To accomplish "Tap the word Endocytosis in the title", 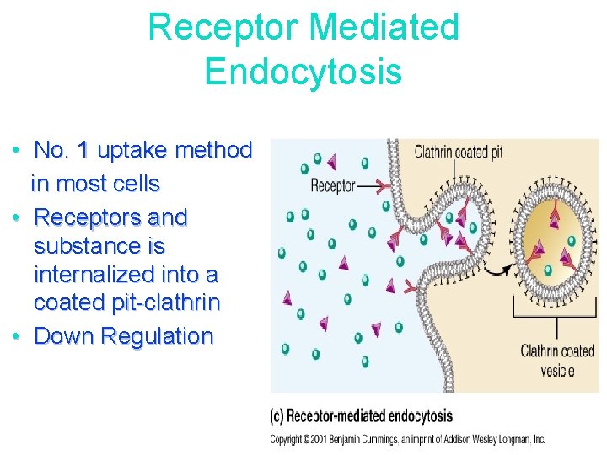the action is (x=303, y=71).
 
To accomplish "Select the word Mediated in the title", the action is (x=384, y=27).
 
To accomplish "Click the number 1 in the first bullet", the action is (x=82, y=151).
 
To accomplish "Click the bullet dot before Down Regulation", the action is (x=17, y=336).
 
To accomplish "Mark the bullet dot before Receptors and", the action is (x=17, y=217).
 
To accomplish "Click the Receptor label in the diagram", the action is (x=333, y=185).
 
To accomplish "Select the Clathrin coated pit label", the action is (x=459, y=153).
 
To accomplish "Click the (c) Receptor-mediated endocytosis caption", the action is (x=361, y=415).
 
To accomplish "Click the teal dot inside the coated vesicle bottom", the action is (x=548, y=270).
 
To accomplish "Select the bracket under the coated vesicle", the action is (x=556, y=313).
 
